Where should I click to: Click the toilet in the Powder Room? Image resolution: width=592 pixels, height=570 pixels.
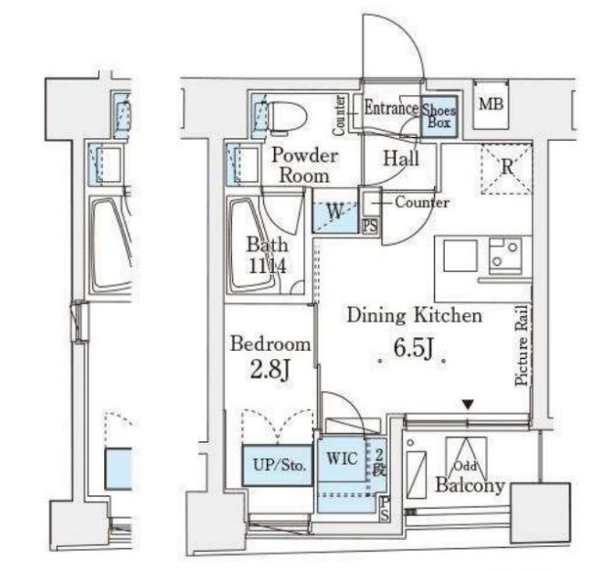286,118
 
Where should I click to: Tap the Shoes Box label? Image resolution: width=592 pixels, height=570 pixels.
439,116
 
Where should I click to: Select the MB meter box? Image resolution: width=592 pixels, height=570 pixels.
491,104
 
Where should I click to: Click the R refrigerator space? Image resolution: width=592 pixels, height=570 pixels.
507,168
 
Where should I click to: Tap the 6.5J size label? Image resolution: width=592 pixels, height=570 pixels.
413,348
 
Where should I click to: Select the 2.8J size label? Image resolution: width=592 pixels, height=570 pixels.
270,370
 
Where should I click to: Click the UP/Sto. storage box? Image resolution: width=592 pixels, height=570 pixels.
279,465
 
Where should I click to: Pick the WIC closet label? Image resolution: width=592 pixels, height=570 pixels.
342,459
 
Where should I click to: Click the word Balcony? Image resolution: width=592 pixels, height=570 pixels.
470,486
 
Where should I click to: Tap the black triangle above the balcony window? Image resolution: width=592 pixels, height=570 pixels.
468,406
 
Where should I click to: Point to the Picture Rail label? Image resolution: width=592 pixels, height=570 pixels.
521,345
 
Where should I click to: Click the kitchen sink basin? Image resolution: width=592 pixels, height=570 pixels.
460,256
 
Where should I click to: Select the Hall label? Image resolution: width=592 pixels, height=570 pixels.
401,159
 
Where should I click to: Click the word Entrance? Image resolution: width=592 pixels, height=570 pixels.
391,108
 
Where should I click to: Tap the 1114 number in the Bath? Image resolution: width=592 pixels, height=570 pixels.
268,267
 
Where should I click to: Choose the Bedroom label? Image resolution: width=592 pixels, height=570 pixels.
270,344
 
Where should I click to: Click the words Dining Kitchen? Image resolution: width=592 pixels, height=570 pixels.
414,315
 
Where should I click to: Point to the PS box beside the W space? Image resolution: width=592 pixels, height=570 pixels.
370,227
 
